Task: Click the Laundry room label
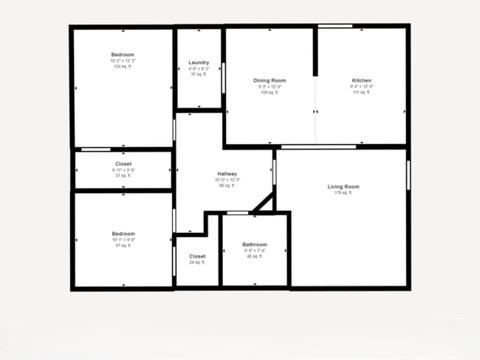[x=199, y=63]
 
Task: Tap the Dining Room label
[x=270, y=80]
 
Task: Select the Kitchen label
[x=361, y=80]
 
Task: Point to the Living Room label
[x=343, y=187]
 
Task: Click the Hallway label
[x=227, y=174]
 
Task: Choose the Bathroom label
[x=255, y=244]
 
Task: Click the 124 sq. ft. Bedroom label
[x=123, y=55]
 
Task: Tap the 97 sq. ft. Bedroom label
[x=123, y=234]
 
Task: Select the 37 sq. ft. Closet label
[x=123, y=164]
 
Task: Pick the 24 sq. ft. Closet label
[x=197, y=256]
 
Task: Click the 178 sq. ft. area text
[x=343, y=193]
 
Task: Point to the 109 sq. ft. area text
[x=270, y=93]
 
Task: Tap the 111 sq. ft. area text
[x=361, y=93]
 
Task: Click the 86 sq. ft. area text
[x=227, y=186]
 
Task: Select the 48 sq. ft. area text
[x=255, y=257]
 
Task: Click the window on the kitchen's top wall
[x=335, y=27]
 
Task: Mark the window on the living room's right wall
[x=408, y=176]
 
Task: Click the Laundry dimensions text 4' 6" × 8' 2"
[x=199, y=69]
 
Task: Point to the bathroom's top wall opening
[x=237, y=212]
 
